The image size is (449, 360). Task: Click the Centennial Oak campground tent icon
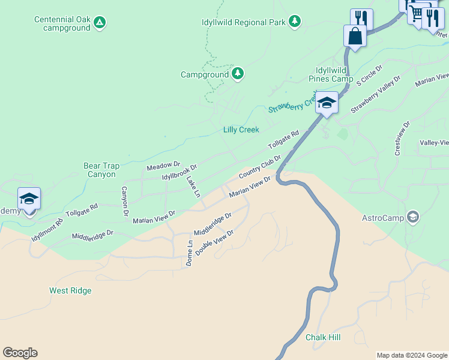(100, 23)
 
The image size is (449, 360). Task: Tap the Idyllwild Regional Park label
(243, 22)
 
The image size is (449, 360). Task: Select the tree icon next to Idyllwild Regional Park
(294, 22)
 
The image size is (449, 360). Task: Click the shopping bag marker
(355, 36)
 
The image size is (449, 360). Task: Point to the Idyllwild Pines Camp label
(331, 74)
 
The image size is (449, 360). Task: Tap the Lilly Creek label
(241, 130)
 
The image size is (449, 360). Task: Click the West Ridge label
(70, 291)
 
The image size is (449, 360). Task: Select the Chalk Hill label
(323, 337)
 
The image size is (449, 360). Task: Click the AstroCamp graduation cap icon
(412, 217)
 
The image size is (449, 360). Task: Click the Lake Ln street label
(193, 187)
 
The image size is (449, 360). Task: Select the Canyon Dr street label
(125, 201)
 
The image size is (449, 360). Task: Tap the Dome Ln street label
(190, 253)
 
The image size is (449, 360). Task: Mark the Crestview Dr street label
(402, 139)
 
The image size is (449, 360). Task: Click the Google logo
(20, 353)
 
